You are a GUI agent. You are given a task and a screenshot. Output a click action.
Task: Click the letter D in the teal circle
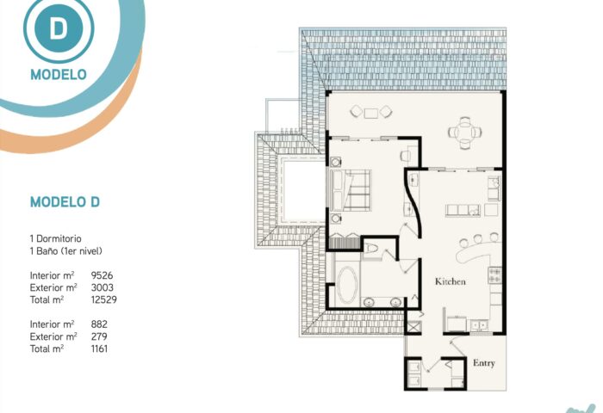coord(58,28)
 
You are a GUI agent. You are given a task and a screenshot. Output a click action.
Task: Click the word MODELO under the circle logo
coord(59,75)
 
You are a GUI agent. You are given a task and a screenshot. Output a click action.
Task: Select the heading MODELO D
coord(65,201)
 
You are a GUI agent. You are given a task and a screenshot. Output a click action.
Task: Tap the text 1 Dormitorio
coord(56,238)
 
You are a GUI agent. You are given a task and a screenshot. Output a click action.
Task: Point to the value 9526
coord(102,275)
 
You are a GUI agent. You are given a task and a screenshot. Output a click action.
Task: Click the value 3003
coord(103,287)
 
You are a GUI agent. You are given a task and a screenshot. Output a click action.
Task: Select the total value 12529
coord(104,299)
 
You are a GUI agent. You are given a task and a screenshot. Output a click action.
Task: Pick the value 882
coord(99,324)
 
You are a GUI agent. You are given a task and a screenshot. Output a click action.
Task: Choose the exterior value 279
coord(99,336)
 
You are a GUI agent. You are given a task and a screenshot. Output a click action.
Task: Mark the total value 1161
coord(99,348)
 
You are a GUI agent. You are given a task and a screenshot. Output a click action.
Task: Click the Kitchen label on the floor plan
coord(451,281)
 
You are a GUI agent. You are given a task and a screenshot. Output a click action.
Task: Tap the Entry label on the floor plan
coord(484,363)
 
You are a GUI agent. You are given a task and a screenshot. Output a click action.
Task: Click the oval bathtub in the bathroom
coord(347,285)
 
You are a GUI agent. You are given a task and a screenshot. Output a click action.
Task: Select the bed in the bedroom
coord(351,190)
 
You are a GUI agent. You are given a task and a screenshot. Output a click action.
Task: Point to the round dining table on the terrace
coord(465,133)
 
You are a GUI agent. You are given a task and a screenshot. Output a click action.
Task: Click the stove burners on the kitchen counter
coord(494,275)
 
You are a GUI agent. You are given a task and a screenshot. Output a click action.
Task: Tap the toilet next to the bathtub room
coord(372,249)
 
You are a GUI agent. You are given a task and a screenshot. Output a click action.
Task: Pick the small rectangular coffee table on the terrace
coord(371,113)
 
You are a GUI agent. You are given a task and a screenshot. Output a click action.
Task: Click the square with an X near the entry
coord(413,328)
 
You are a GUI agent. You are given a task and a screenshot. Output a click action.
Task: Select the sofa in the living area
coord(463,211)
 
